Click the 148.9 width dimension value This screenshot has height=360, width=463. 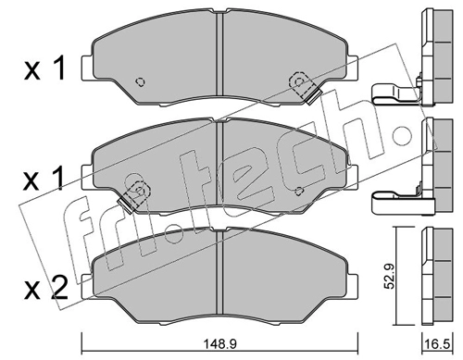[x=219, y=343]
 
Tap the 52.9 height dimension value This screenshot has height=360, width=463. [x=390, y=277]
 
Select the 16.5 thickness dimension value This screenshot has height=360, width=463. [x=437, y=344]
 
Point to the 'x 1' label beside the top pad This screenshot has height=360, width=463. [x=44, y=68]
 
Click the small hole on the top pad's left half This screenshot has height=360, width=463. [x=141, y=81]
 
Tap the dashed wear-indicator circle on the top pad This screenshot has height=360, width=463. [x=298, y=82]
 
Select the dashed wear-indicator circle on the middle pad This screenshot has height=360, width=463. [x=137, y=191]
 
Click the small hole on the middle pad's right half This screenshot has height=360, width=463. [x=298, y=192]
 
